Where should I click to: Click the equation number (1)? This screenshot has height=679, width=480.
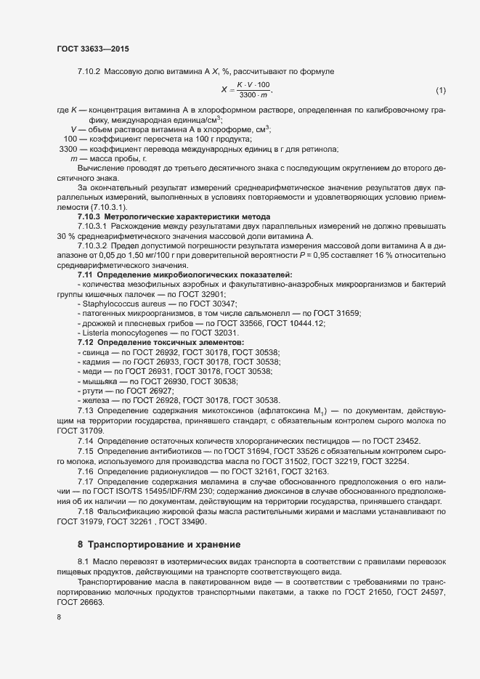pyautogui.click(x=440, y=91)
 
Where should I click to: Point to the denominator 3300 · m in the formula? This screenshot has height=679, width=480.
pyautogui.click(x=253, y=96)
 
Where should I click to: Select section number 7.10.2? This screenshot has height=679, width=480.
pyautogui.click(x=89, y=71)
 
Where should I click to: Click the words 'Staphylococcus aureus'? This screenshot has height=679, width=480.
pyautogui.click(x=121, y=304)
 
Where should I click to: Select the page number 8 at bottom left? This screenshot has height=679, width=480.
pyautogui.click(x=59, y=617)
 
